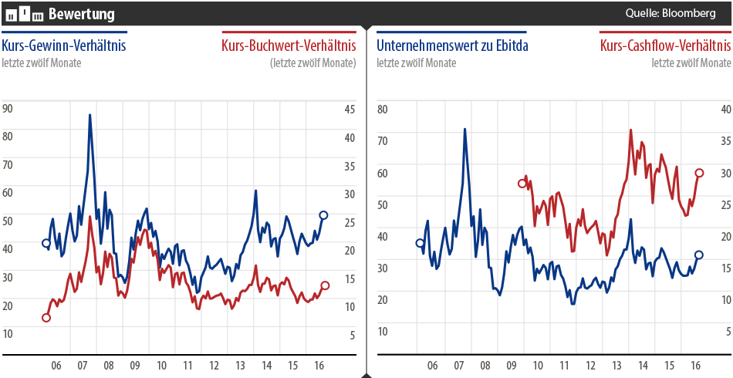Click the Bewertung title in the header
tap(81, 13)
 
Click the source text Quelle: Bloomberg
tap(671, 13)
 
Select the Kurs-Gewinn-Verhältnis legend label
tap(64, 46)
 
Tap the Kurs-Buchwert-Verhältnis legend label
tap(289, 46)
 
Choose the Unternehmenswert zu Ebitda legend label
tap(452, 46)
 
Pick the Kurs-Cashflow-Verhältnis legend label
tap(665, 46)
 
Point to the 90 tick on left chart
tap(8, 109)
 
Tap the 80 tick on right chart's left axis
tap(381, 109)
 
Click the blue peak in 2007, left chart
tap(90, 116)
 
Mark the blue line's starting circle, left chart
tap(46, 243)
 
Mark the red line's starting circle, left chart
tap(46, 318)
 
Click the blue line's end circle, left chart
tap(323, 215)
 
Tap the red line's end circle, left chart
tap(325, 285)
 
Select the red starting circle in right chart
tap(522, 184)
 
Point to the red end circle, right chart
tap(699, 174)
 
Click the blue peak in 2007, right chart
tap(464, 129)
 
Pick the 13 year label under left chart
tap(240, 365)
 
